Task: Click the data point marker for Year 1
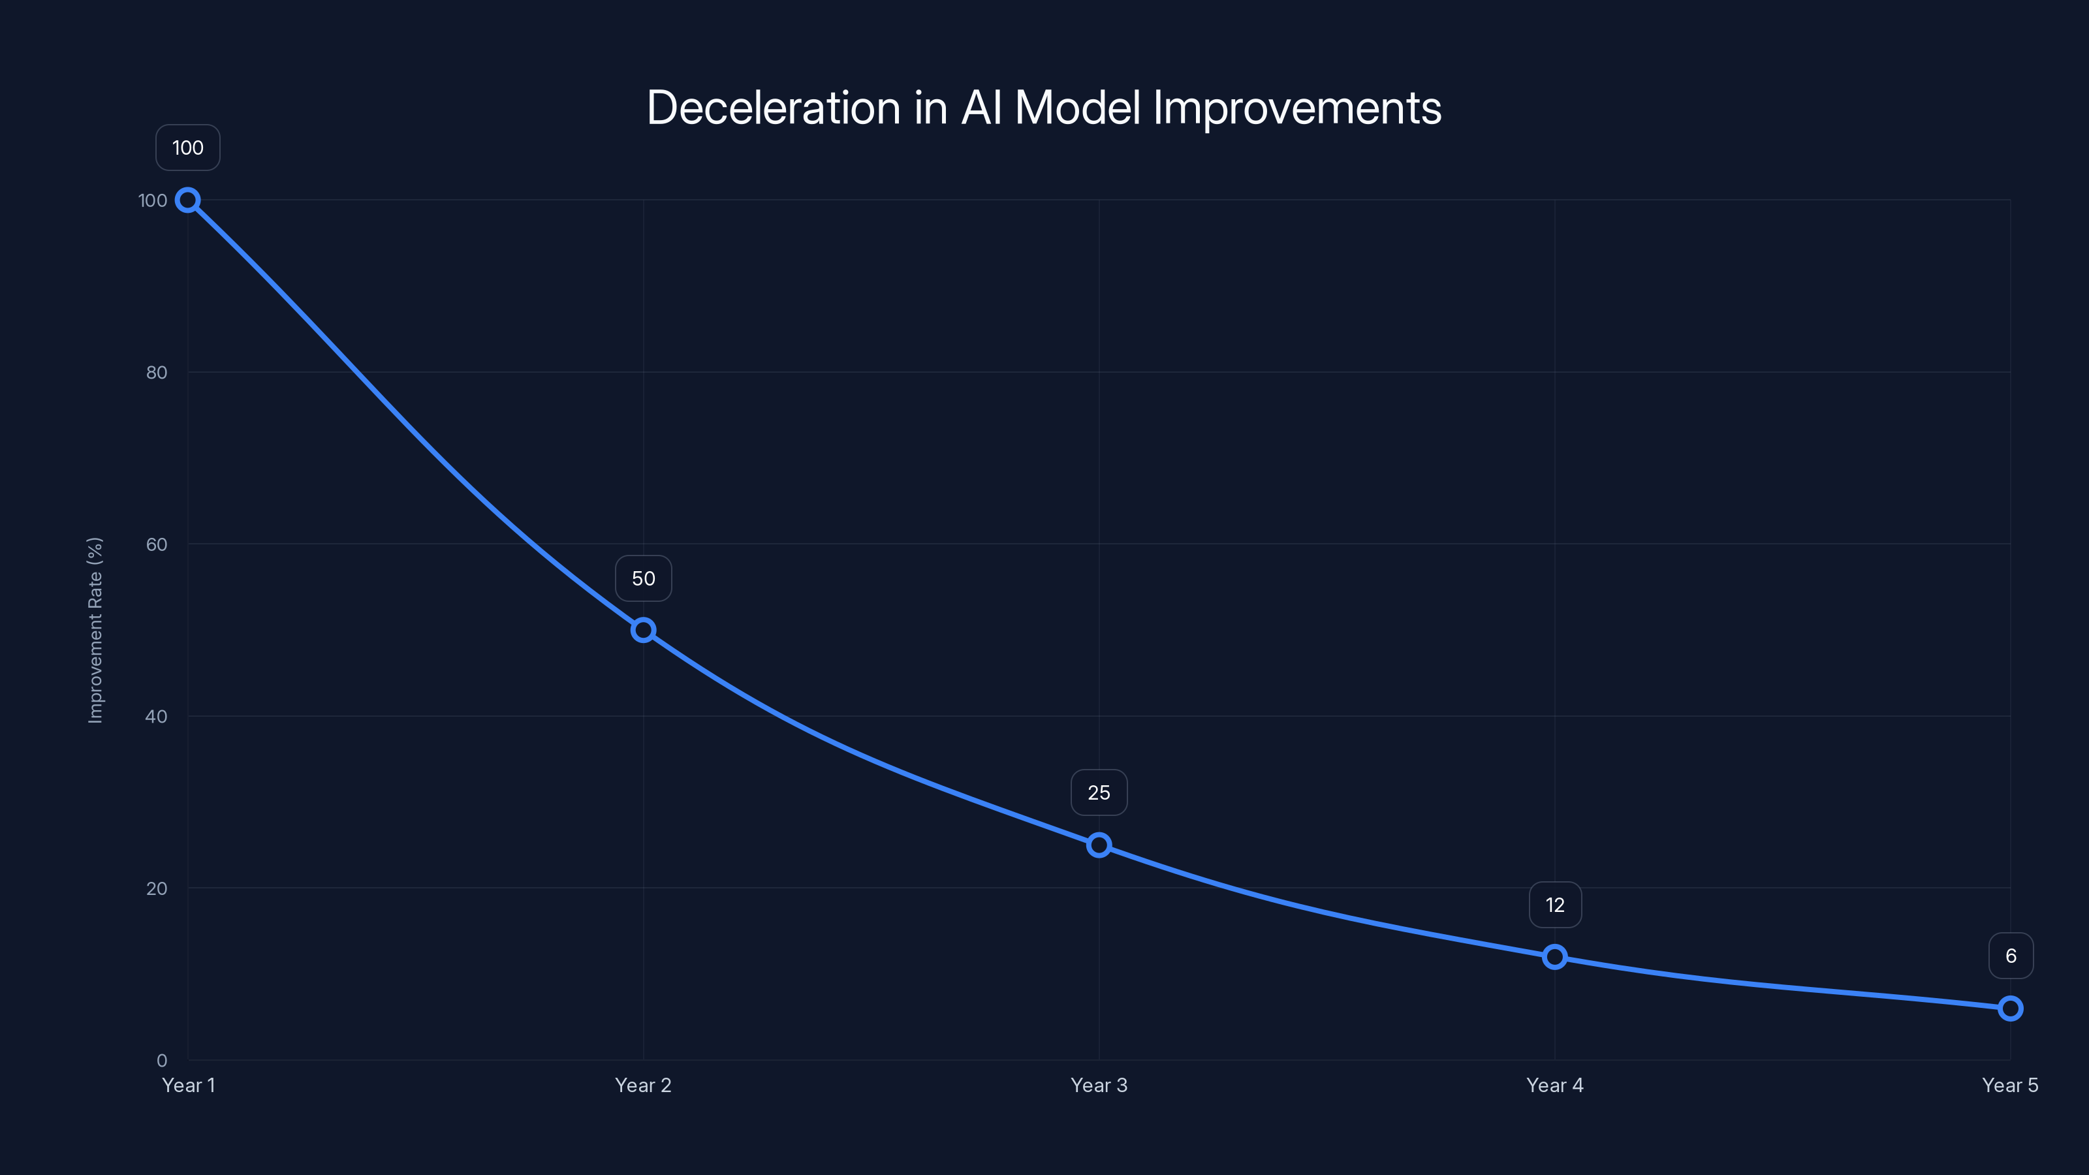pyautogui.click(x=188, y=200)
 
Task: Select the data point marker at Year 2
pyautogui.click(x=643, y=630)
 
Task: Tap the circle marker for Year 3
pyautogui.click(x=1099, y=845)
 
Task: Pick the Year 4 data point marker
pyautogui.click(x=1554, y=957)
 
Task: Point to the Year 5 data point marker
pyautogui.click(x=2011, y=1009)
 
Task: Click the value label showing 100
pyautogui.click(x=188, y=148)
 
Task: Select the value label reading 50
pyautogui.click(x=643, y=578)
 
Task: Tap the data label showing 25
pyautogui.click(x=1099, y=792)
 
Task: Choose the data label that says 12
pyautogui.click(x=1554, y=905)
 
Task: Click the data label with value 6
pyautogui.click(x=2011, y=956)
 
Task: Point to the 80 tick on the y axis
pyautogui.click(x=157, y=372)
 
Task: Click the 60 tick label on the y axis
pyautogui.click(x=157, y=544)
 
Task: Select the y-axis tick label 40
pyautogui.click(x=157, y=716)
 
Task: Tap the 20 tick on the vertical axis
pyautogui.click(x=157, y=888)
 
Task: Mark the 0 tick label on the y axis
pyautogui.click(x=162, y=1061)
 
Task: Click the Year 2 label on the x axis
pyautogui.click(x=643, y=1085)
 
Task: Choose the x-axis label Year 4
pyautogui.click(x=1554, y=1085)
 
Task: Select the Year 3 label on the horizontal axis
pyautogui.click(x=1099, y=1085)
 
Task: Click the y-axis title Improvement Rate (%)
pyautogui.click(x=96, y=630)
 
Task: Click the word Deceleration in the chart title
pyautogui.click(x=774, y=108)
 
